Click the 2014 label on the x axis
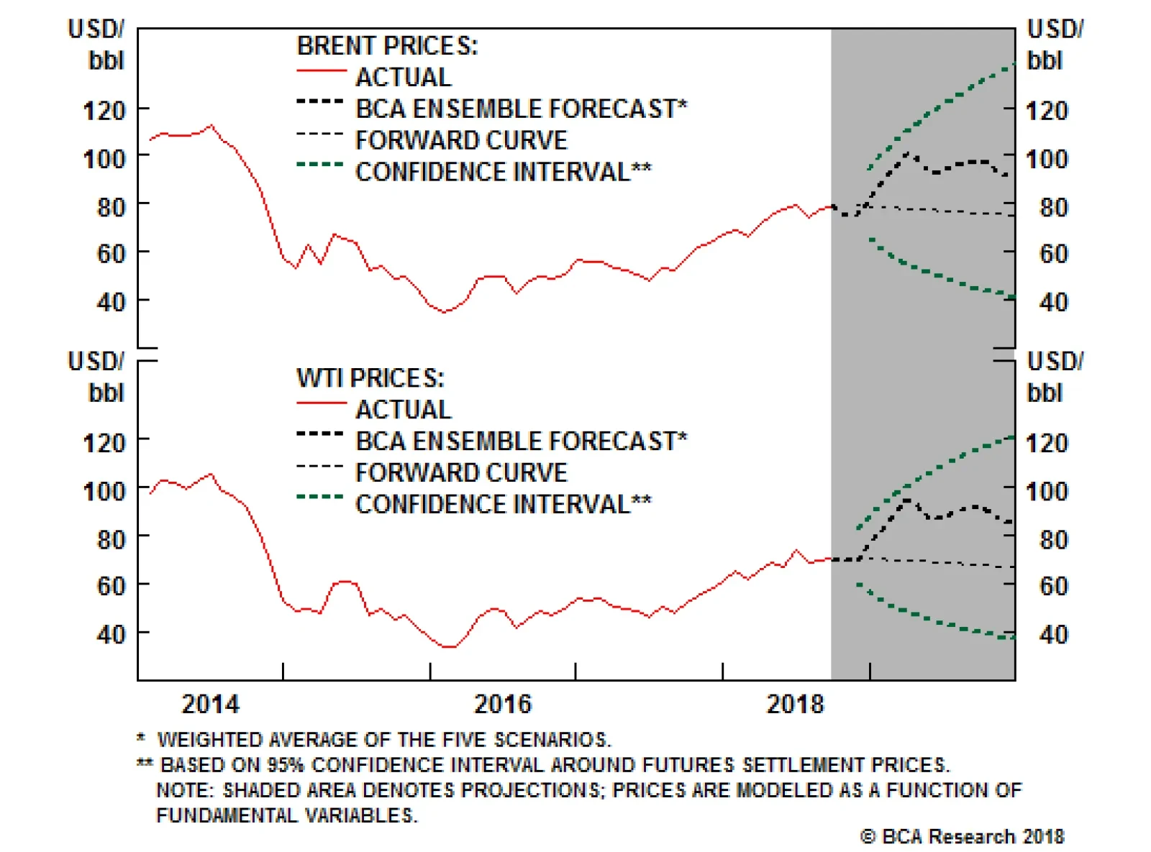tap(210, 704)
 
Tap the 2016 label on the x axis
tap(502, 704)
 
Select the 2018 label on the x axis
tap(794, 704)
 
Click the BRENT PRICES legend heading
tap(387, 46)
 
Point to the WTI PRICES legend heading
tap(370, 378)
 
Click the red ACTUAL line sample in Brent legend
tap(321, 71)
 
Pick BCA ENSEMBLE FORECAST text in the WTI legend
tap(521, 441)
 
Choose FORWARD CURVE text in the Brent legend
tap(461, 140)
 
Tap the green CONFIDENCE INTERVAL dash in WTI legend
tap(320, 497)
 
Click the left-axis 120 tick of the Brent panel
tap(104, 111)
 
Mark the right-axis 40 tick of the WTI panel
tap(1053, 634)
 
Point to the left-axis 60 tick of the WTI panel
tap(111, 586)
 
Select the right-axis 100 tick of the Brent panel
tap(1047, 159)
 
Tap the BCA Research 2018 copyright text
tap(962, 837)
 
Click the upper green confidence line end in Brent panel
tap(1014, 64)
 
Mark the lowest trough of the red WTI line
tap(449, 647)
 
